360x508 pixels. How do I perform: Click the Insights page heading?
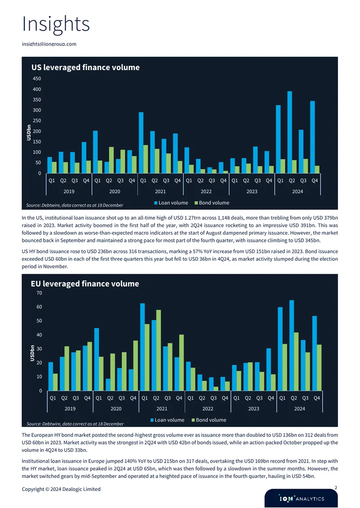(55, 24)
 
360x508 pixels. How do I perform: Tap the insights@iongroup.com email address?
(49, 44)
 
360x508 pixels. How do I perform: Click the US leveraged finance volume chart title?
(85, 67)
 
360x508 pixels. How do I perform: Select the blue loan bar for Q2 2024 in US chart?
(290, 132)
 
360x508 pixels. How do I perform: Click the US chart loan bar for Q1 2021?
(141, 143)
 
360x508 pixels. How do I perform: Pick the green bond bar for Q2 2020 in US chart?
(111, 160)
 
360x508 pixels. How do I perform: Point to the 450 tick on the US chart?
(37, 78)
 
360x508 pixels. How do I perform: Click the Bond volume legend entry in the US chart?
(212, 203)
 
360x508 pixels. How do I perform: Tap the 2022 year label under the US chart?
(206, 192)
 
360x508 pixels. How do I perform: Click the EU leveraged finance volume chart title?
(85, 284)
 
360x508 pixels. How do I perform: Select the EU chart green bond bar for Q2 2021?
(158, 350)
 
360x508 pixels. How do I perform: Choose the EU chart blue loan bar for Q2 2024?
(292, 345)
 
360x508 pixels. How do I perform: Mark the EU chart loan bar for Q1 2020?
(97, 359)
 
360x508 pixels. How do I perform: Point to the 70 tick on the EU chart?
(39, 293)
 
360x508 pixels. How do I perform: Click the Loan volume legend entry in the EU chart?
(167, 420)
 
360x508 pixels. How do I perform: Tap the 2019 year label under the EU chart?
(70, 409)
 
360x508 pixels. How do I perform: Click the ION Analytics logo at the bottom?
(301, 499)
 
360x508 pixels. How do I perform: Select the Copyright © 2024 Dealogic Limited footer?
(61, 489)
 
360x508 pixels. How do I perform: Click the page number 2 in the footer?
(336, 488)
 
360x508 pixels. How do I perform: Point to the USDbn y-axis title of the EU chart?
(32, 353)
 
